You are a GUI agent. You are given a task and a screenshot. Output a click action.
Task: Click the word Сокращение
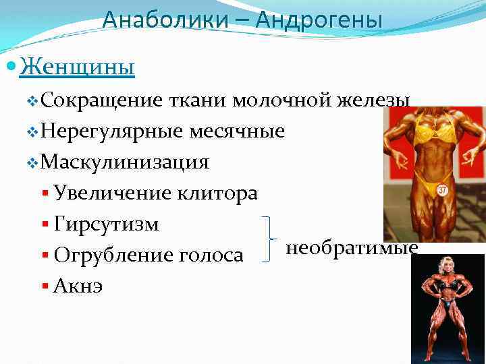coord(101,101)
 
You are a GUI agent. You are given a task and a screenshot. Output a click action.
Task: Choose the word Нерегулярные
coord(111,131)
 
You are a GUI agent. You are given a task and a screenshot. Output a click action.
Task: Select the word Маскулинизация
coord(125,162)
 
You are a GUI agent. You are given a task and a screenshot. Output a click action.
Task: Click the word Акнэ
coord(78,286)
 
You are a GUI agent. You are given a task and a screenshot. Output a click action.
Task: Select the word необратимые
coord(352,248)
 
